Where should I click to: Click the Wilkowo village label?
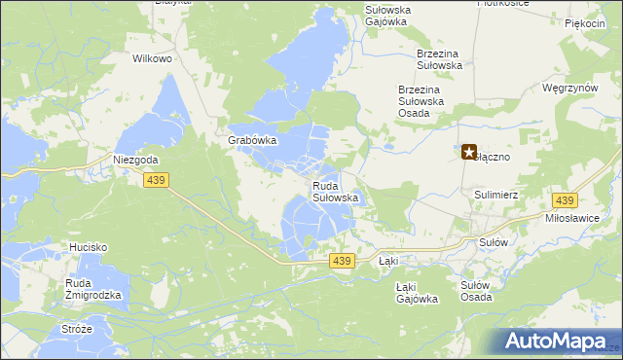click(152, 58)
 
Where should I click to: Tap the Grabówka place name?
click(253, 140)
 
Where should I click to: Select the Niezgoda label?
click(135, 160)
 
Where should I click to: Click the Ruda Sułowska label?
click(336, 191)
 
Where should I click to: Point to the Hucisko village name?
click(87, 247)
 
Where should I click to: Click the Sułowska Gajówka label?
click(387, 16)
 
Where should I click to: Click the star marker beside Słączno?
click(468, 152)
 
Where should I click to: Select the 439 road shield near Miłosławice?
click(564, 199)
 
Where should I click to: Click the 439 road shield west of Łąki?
click(340, 261)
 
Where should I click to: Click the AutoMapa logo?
click(562, 341)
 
